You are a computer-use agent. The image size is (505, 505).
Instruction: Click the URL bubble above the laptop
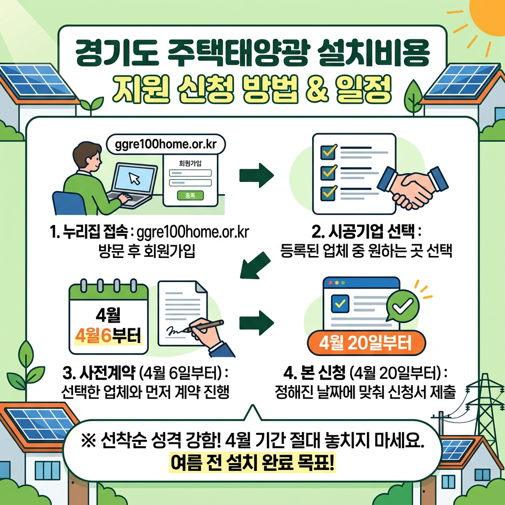click(x=166, y=145)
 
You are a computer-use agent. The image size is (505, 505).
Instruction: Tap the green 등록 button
click(x=190, y=196)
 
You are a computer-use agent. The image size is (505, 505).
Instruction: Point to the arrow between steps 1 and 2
click(x=256, y=174)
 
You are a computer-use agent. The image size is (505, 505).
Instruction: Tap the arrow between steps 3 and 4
click(x=256, y=322)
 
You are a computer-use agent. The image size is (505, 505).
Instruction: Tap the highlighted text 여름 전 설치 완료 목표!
click(x=252, y=463)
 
